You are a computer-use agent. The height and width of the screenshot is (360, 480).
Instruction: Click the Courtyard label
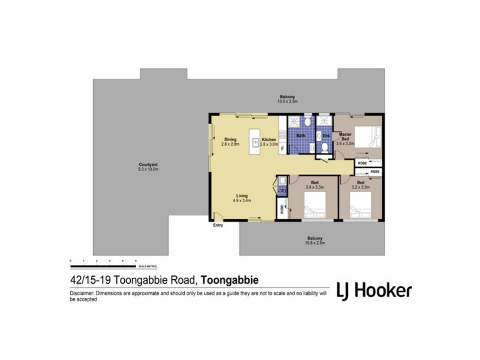pyautogui.click(x=148, y=164)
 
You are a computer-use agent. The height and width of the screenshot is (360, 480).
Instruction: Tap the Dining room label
pyautogui.click(x=230, y=140)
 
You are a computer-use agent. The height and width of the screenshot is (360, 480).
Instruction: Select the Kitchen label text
pyautogui.click(x=268, y=140)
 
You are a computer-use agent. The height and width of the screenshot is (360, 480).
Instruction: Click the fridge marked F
pyautogui.click(x=282, y=147)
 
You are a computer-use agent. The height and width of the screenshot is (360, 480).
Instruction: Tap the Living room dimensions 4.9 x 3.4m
pyautogui.click(x=242, y=200)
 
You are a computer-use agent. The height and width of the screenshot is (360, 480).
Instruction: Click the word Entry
pyautogui.click(x=217, y=226)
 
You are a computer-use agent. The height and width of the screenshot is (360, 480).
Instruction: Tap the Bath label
pyautogui.click(x=301, y=136)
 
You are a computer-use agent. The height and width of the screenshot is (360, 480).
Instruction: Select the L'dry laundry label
pyautogui.click(x=281, y=191)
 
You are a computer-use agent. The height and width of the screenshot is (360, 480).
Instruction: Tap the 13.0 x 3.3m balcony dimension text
pyautogui.click(x=287, y=101)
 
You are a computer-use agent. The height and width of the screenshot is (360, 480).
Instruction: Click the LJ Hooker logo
pyautogui.click(x=373, y=290)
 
